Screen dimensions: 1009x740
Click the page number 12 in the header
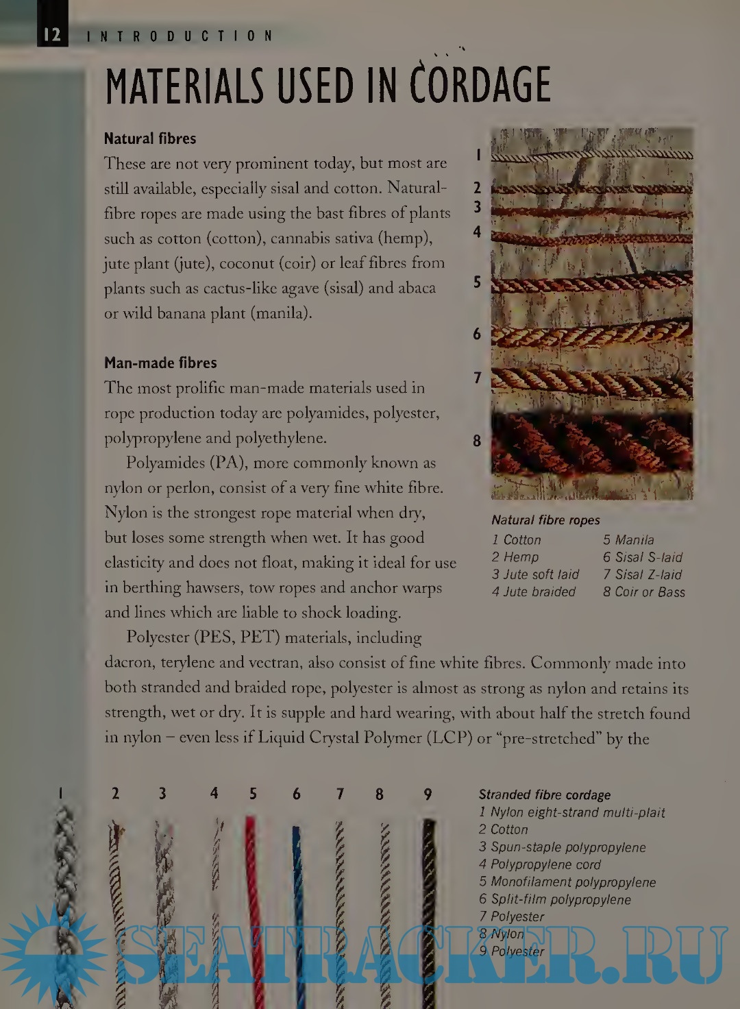tap(52, 35)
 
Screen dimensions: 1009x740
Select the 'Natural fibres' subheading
tap(150, 138)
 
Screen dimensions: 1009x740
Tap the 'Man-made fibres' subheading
tap(160, 363)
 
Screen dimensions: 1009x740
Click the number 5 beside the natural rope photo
tap(477, 282)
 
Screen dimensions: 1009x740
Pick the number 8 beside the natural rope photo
tap(477, 441)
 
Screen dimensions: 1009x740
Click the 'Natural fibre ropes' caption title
tap(545, 520)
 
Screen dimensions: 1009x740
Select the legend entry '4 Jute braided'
tap(534, 592)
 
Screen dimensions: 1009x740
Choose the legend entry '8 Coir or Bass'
tap(644, 592)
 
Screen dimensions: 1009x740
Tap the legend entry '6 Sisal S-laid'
tap(643, 557)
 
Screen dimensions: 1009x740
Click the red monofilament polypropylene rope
tap(251, 891)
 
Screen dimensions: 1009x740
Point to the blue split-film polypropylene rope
tap(297, 891)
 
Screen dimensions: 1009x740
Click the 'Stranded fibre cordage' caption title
tap(545, 795)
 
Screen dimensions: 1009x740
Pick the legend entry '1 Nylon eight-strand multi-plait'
tap(572, 812)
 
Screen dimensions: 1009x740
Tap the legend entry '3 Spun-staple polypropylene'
tap(563, 847)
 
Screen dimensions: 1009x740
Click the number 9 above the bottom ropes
tap(428, 794)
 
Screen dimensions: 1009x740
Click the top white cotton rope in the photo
tap(592, 156)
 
